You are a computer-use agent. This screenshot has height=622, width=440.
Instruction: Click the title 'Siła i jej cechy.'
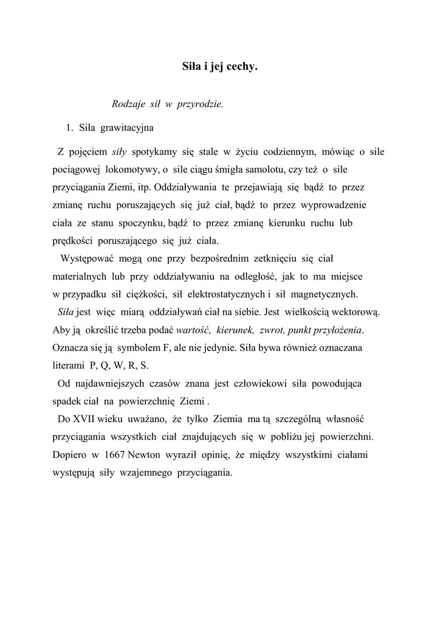220,67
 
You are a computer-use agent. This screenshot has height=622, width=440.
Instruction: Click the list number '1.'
69,128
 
